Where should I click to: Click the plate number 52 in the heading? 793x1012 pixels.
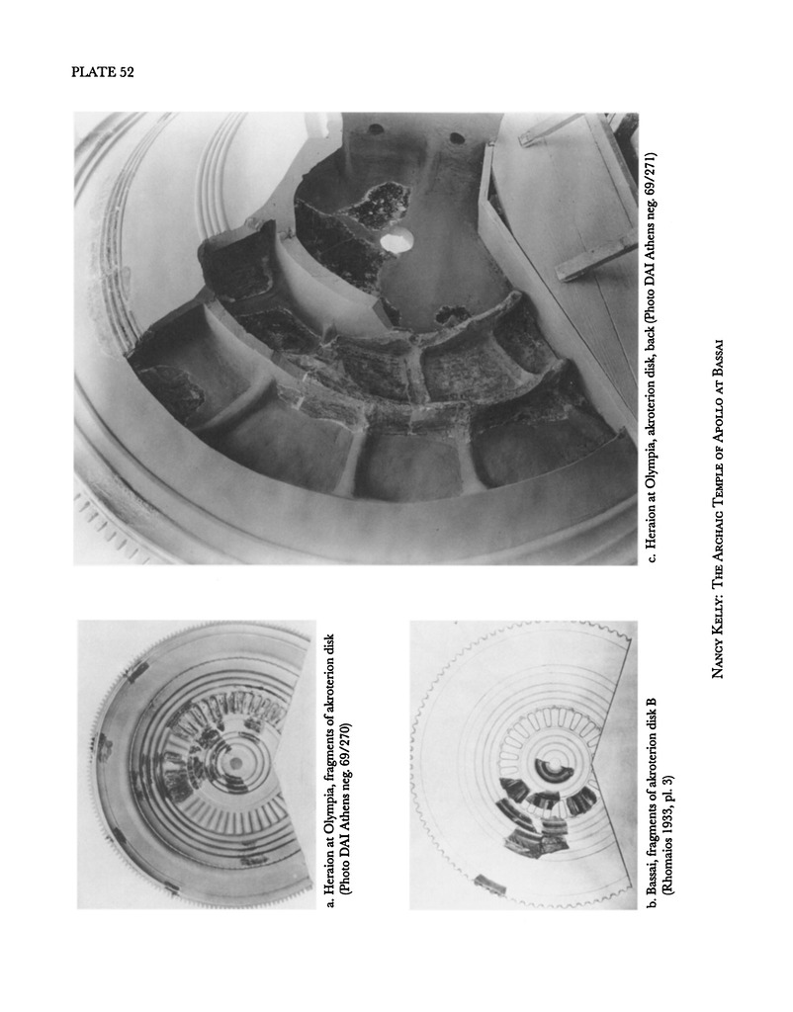[x=126, y=72]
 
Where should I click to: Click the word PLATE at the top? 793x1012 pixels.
[x=93, y=72]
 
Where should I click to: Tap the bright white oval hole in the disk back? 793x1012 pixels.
[x=397, y=241]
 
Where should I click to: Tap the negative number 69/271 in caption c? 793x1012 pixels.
[x=652, y=173]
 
